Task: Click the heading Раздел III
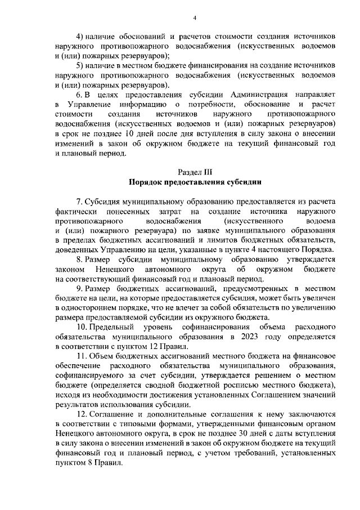pos(194,173)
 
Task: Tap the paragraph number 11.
pos(80,356)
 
